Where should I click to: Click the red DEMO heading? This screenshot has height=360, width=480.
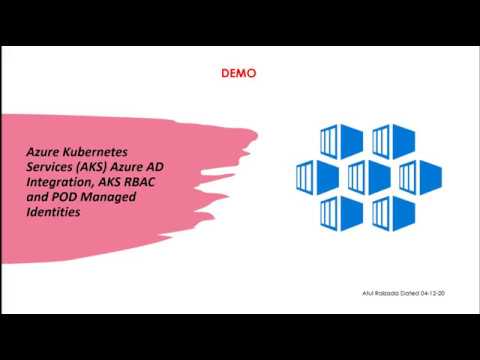[239, 73]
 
